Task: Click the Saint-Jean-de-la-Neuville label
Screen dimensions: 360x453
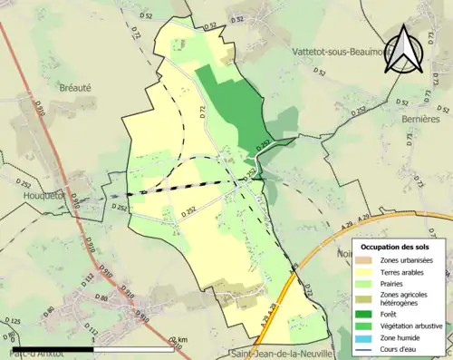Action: click(280, 354)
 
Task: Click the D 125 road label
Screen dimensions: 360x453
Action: click(14, 322)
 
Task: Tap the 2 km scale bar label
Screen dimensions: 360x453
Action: click(182, 340)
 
